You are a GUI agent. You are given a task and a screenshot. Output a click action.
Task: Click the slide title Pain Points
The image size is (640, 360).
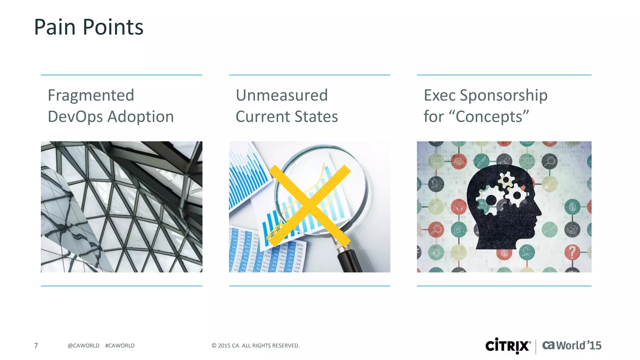88,27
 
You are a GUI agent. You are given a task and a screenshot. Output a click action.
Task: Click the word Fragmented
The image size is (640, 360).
91,95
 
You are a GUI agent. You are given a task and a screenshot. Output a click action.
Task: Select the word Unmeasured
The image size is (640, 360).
282,95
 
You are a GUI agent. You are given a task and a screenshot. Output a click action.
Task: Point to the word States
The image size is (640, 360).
316,117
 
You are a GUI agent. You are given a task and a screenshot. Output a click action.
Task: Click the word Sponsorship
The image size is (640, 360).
503,95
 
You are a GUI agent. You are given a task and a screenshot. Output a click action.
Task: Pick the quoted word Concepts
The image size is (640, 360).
489,117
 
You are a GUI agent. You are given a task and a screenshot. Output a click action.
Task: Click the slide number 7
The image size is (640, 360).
36,346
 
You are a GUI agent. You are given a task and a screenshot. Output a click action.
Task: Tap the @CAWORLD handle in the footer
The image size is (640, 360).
83,346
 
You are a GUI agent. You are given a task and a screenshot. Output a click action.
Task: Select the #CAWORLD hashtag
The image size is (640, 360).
120,346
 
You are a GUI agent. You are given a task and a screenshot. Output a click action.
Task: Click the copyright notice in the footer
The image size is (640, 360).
255,346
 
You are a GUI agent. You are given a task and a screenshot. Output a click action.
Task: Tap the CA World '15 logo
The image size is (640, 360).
572,346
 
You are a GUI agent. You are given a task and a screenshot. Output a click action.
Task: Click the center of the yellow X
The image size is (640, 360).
309,206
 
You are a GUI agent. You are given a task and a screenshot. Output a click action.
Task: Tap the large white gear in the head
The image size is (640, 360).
491,200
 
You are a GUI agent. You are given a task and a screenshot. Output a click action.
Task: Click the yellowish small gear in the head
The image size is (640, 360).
505,181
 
